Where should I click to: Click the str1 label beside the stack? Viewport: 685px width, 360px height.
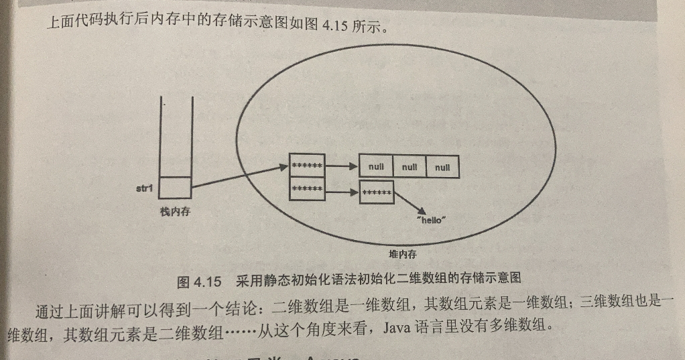click(x=144, y=188)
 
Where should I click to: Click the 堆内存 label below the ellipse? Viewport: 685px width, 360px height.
click(x=403, y=255)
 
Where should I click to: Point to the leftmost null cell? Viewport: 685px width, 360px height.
click(x=376, y=167)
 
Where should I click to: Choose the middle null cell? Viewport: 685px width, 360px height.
click(x=410, y=167)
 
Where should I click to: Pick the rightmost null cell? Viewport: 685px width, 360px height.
click(x=442, y=167)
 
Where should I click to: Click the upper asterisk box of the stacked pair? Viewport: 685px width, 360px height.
click(x=307, y=165)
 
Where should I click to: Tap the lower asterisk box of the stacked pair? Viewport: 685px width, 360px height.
click(x=307, y=190)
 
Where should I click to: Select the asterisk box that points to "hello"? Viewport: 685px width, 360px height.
click(x=377, y=192)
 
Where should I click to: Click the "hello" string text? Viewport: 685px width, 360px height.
click(x=431, y=221)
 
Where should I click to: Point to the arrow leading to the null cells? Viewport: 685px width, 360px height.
click(x=342, y=166)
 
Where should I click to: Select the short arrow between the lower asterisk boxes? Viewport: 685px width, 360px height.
click(x=342, y=192)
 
